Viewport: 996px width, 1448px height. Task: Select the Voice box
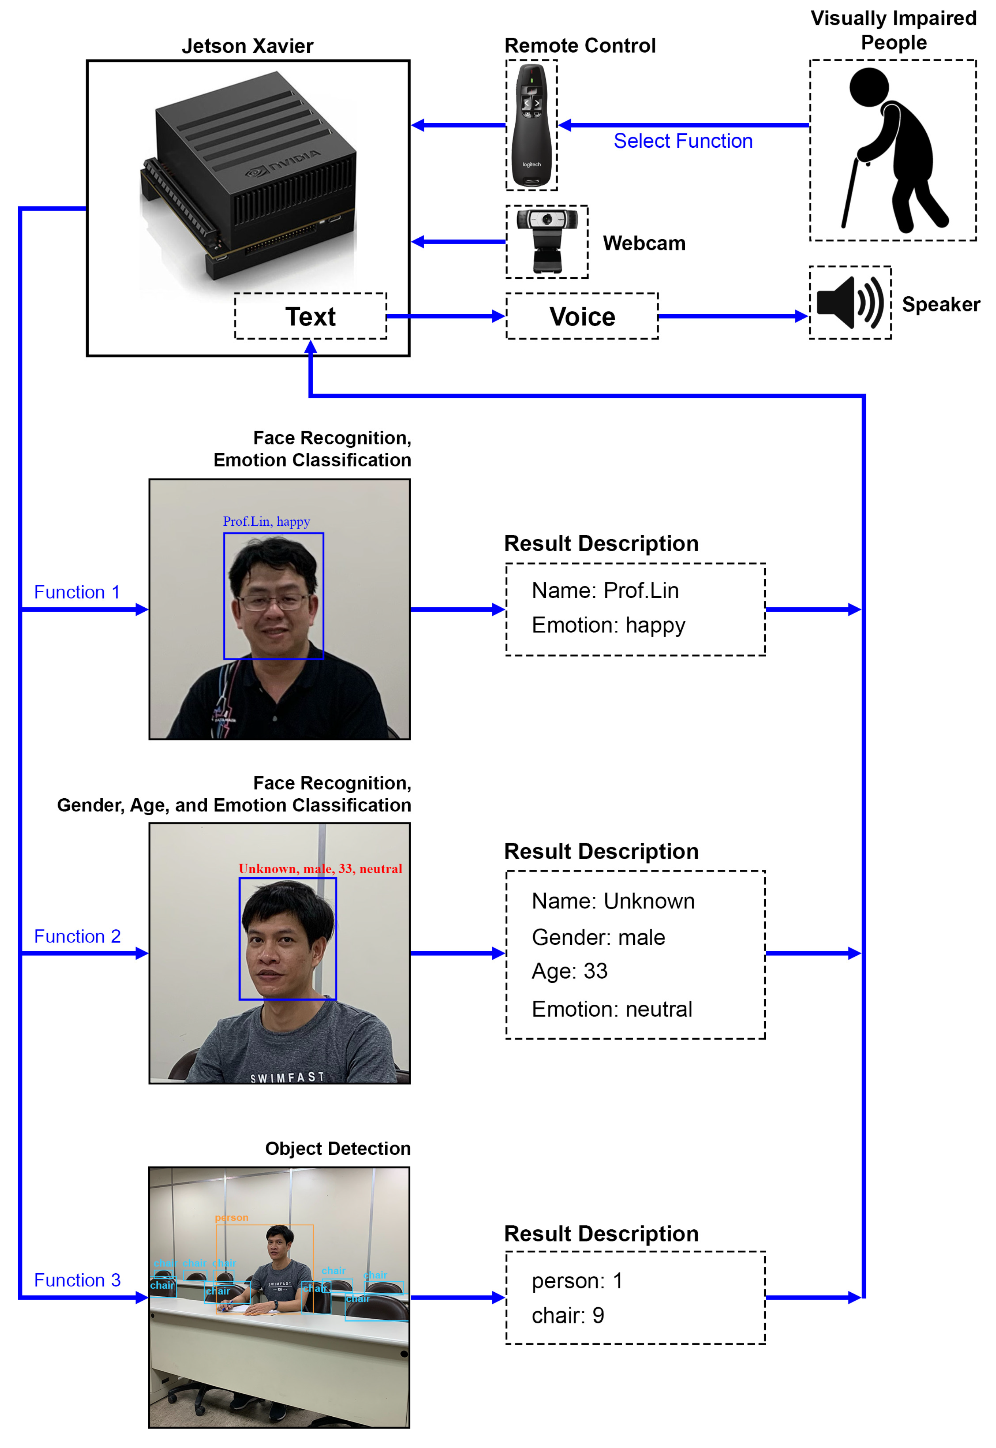pyautogui.click(x=582, y=317)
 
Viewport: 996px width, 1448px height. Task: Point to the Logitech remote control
pyautogui.click(x=531, y=125)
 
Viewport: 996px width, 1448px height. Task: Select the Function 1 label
pyautogui.click(x=77, y=592)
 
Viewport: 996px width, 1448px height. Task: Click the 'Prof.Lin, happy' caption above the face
pyautogui.click(x=267, y=521)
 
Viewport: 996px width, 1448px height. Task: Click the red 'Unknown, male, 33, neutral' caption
pyautogui.click(x=320, y=868)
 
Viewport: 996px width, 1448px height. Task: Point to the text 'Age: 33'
pyautogui.click(x=569, y=971)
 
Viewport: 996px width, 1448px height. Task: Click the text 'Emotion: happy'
pyautogui.click(x=608, y=625)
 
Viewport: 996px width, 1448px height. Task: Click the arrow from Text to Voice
pyautogui.click(x=446, y=317)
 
